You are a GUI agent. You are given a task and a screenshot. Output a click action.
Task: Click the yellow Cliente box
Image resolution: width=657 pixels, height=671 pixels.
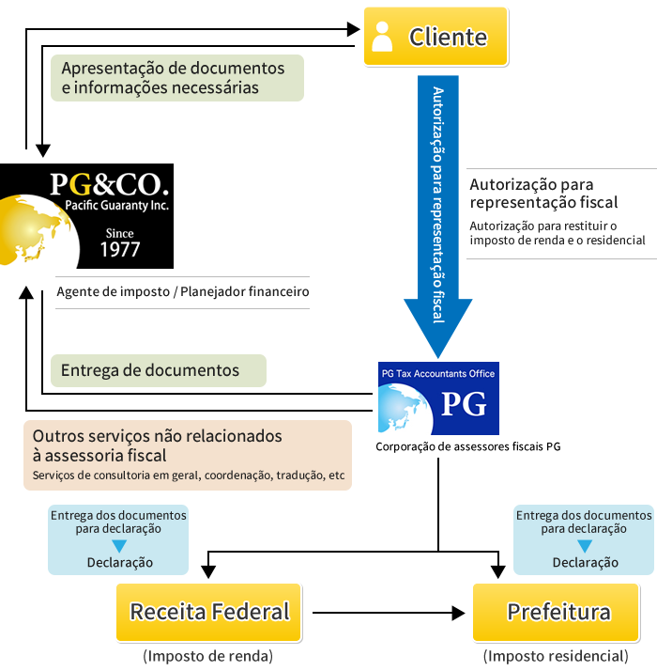click(435, 37)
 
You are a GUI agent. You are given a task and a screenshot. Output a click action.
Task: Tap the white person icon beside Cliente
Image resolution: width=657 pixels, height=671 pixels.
click(382, 37)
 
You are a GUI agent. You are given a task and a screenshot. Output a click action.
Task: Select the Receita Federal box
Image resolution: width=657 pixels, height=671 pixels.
click(209, 612)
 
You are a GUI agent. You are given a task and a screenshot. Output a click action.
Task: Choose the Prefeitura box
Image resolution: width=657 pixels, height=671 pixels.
click(557, 612)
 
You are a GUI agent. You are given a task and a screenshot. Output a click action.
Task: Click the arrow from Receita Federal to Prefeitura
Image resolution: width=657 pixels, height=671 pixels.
click(389, 613)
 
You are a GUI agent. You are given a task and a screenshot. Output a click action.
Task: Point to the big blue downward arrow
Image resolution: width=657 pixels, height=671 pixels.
click(438, 216)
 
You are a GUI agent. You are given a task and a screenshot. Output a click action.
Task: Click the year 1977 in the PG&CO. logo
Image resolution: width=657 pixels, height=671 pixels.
click(120, 249)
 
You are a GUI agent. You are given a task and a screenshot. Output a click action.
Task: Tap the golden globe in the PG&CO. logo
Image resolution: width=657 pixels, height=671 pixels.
click(38, 230)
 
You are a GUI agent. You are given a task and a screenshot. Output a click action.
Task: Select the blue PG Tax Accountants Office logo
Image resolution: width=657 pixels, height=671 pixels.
click(438, 398)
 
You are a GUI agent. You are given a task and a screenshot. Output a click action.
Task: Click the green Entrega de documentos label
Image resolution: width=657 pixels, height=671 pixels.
click(159, 370)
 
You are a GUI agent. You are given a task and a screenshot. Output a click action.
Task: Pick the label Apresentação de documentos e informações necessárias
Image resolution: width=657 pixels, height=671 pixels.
click(177, 78)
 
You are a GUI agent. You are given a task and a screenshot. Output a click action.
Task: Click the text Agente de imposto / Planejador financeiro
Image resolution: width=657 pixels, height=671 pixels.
click(183, 291)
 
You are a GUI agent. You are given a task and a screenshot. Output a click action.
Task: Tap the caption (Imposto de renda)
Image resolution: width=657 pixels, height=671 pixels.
click(208, 656)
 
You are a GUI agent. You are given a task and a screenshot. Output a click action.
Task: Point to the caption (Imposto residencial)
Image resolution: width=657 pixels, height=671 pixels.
click(557, 656)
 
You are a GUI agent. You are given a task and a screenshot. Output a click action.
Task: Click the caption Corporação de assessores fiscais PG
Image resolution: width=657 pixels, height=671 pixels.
click(468, 446)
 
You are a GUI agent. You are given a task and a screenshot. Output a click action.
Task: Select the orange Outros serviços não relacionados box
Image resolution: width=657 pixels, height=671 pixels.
click(188, 455)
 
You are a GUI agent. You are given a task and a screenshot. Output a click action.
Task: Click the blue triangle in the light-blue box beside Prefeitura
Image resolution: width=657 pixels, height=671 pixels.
click(585, 546)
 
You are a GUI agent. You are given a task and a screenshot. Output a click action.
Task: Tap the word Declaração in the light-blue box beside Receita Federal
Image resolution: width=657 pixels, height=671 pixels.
click(120, 562)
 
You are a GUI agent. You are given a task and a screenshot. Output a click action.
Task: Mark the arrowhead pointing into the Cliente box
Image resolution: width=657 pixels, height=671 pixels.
click(354, 29)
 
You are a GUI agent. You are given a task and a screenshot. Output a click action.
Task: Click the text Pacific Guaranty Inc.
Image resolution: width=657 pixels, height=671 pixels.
click(116, 206)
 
